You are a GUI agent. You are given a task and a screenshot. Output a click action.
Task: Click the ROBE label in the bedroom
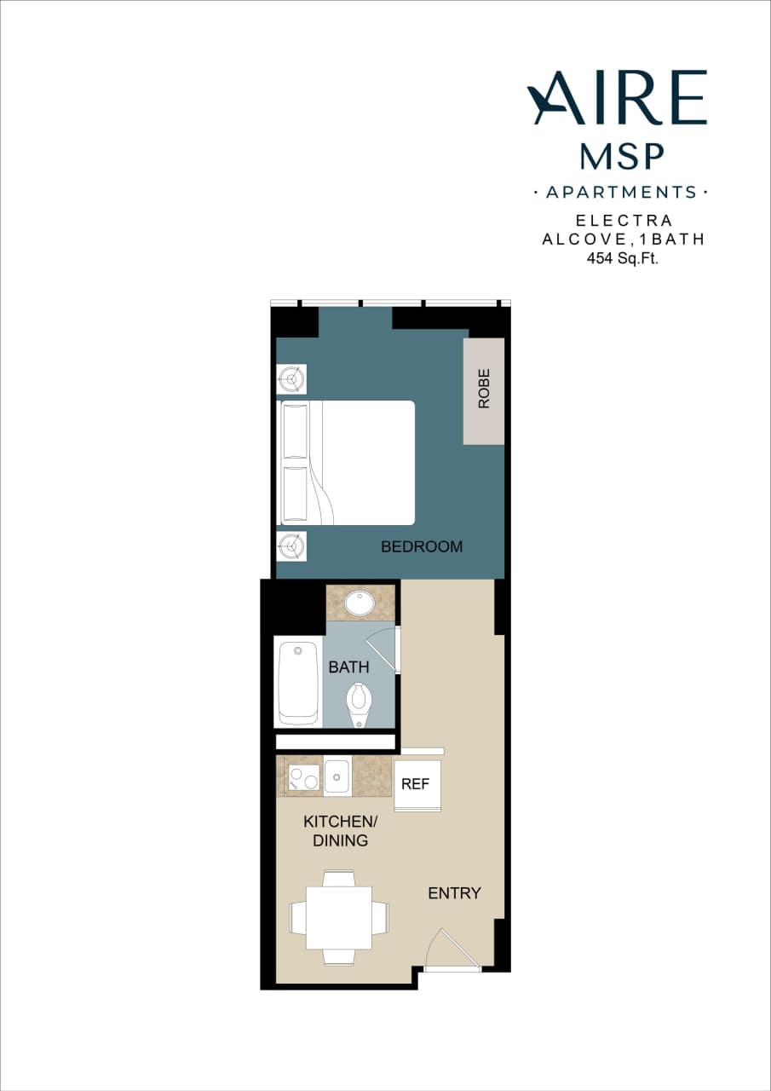click(x=484, y=390)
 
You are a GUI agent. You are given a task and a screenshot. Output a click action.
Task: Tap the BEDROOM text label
click(x=422, y=546)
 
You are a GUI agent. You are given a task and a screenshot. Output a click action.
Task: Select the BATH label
click(x=348, y=667)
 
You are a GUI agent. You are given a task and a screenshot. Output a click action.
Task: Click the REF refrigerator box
click(x=416, y=785)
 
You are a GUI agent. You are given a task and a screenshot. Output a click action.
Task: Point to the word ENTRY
click(x=454, y=893)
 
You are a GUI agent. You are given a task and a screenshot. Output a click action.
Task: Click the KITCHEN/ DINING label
click(x=340, y=831)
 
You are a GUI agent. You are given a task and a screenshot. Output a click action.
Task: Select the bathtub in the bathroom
click(x=298, y=682)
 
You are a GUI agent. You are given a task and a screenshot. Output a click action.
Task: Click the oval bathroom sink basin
click(x=360, y=603)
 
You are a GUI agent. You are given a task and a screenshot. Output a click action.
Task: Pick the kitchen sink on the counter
click(x=337, y=776)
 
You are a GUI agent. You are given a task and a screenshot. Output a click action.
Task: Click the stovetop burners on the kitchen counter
click(x=302, y=776)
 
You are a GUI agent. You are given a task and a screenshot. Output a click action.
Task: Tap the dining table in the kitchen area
click(x=338, y=918)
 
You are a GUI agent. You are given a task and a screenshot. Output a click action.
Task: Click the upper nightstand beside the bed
click(x=291, y=378)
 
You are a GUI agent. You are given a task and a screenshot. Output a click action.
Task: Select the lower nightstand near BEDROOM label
click(x=291, y=545)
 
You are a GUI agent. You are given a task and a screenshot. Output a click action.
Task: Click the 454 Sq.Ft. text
click(x=624, y=258)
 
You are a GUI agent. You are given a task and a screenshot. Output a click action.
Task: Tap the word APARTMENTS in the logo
click(x=621, y=193)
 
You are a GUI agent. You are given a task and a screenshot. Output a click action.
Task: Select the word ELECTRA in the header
click(x=624, y=221)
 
